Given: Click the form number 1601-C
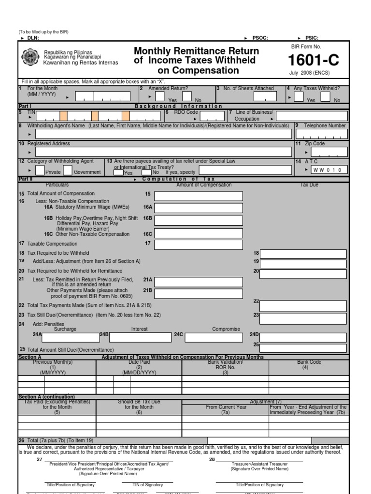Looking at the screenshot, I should pyautogui.click(x=314, y=60).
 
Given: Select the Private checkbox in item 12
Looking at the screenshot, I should pyautogui.click(x=40, y=170).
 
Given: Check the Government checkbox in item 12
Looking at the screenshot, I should pyautogui.click(x=68, y=170).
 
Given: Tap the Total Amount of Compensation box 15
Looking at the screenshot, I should pyautogui.click(x=199, y=196).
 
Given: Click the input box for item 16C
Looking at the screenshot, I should pyautogui.click(x=199, y=234).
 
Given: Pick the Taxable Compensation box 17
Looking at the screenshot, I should pyautogui.click(x=199, y=244).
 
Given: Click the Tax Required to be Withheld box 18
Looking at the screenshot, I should pyautogui.click(x=303, y=254).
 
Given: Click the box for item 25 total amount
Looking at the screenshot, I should pyautogui.click(x=303, y=348).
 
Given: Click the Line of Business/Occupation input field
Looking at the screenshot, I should pyautogui.click(x=312, y=116).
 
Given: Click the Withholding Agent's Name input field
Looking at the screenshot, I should pyautogui.click(x=163, y=134).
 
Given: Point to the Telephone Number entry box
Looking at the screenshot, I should pyautogui.click(x=321, y=134).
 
